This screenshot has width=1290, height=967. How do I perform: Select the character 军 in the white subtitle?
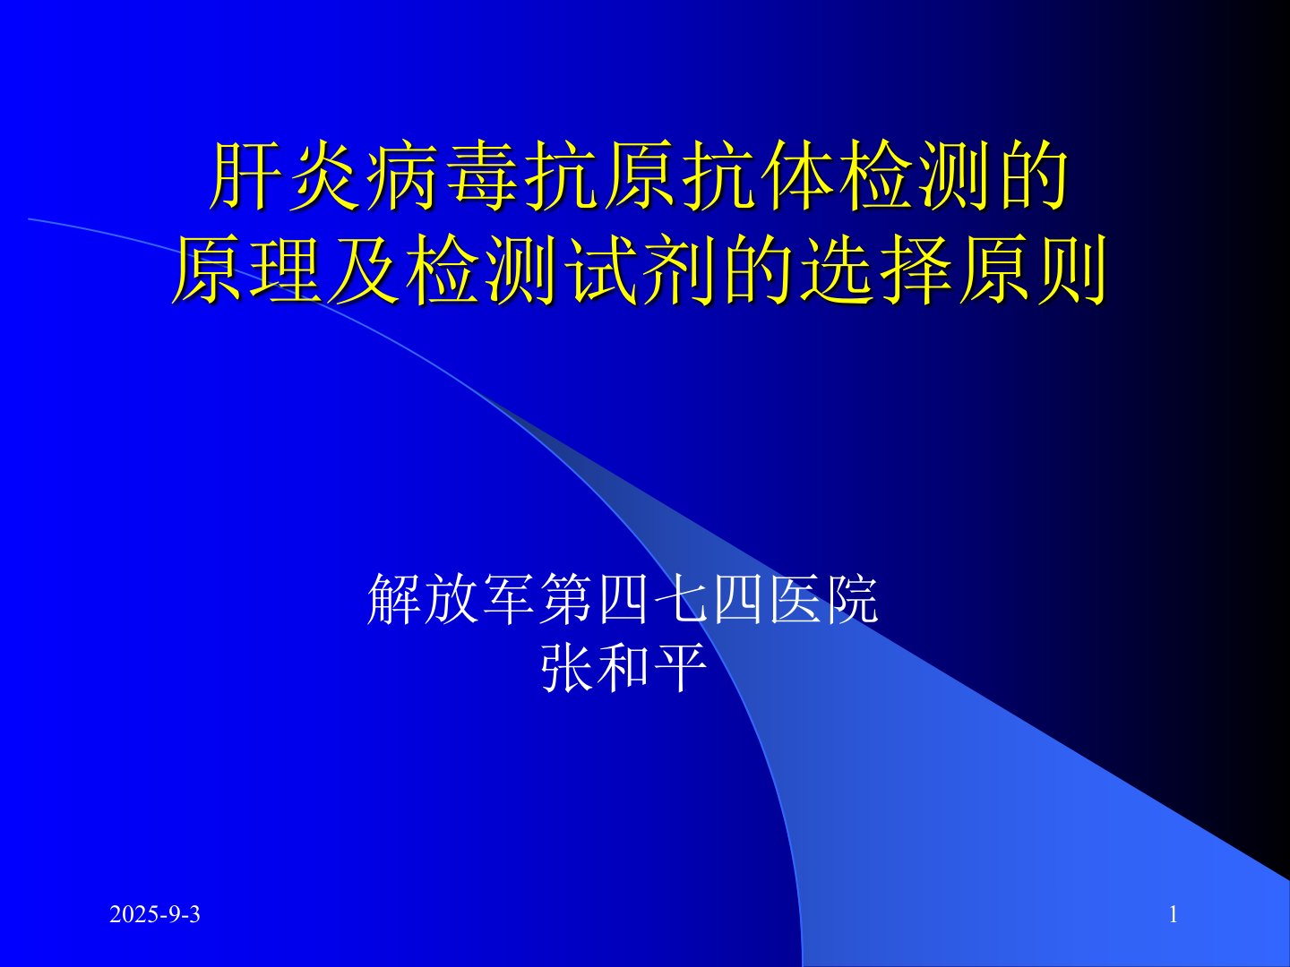[x=508, y=598]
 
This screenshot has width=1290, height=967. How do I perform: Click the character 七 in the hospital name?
[x=679, y=598]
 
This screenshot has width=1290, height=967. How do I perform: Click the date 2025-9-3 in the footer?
[x=155, y=914]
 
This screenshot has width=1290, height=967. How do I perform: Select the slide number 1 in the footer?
[x=1173, y=914]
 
